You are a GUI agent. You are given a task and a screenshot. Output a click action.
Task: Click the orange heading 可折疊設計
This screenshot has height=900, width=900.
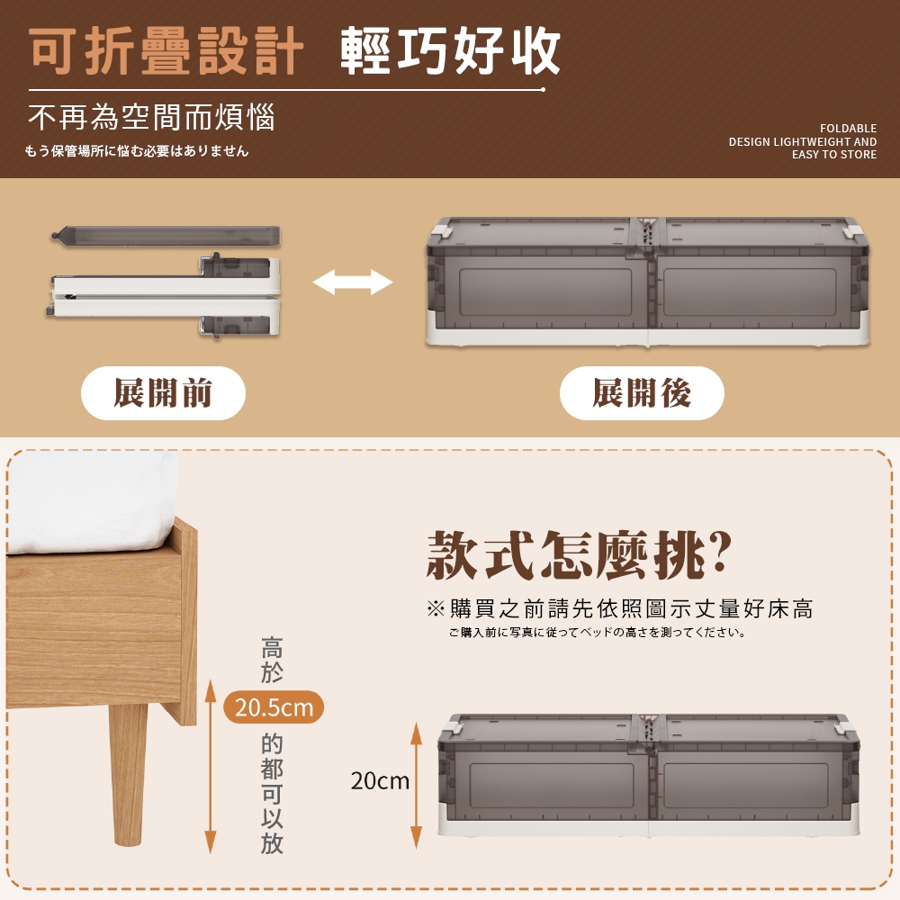pyautogui.click(x=166, y=51)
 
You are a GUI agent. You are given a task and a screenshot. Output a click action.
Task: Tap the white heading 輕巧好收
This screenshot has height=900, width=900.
pyautogui.click(x=450, y=51)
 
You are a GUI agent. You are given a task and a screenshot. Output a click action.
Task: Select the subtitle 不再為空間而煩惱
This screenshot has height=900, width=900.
pyautogui.click(x=151, y=117)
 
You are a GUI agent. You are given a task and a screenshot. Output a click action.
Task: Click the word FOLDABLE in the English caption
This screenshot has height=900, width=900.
pyautogui.click(x=848, y=128)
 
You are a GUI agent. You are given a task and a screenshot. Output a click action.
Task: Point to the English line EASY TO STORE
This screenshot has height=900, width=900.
pyautogui.click(x=834, y=155)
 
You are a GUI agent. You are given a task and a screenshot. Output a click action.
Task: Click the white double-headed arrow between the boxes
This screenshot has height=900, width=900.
pyautogui.click(x=353, y=282)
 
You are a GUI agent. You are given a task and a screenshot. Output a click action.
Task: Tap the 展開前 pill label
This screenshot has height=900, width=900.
pyautogui.click(x=163, y=393)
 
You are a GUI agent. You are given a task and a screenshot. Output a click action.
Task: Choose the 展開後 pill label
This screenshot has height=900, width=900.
pyautogui.click(x=642, y=393)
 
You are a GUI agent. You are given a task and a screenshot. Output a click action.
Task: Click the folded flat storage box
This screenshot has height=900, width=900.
pyautogui.click(x=164, y=295)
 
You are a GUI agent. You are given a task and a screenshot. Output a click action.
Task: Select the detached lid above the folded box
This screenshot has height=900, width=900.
pyautogui.click(x=166, y=236)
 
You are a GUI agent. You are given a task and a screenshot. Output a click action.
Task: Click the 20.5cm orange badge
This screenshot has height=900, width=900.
pyautogui.click(x=274, y=706)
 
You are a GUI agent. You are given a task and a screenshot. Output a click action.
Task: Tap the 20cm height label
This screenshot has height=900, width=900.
pyautogui.click(x=380, y=780)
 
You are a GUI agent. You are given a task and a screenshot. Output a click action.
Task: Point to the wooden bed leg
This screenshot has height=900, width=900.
pyautogui.click(x=129, y=774)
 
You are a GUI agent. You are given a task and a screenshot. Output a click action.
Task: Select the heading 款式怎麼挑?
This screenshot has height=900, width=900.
pyautogui.click(x=579, y=555)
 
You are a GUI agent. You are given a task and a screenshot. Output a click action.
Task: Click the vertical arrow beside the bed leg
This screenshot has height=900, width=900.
pyautogui.click(x=211, y=766)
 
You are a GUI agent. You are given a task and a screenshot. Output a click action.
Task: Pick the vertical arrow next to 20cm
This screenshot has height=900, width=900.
pyautogui.click(x=417, y=785)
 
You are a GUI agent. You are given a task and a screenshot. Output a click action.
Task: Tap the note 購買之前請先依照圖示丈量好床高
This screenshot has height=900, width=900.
pyautogui.click(x=620, y=608)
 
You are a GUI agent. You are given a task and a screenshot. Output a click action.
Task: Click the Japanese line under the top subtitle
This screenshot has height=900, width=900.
pyautogui.click(x=137, y=151)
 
